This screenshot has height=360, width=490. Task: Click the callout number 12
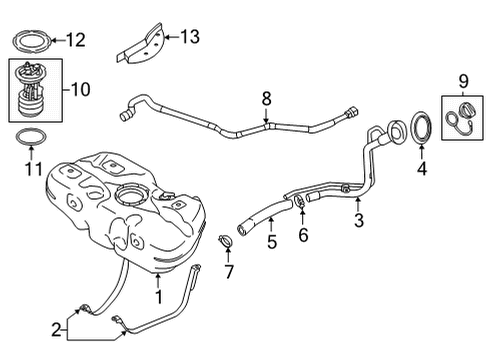pos(76,40)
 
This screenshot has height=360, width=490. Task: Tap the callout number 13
pos(189,37)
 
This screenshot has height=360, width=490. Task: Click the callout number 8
pos(265,98)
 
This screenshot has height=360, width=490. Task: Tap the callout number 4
pos(422,170)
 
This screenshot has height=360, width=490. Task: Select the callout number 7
pos(228,272)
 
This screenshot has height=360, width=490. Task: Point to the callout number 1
pos(157,296)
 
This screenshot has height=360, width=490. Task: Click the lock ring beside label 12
pos(31,42)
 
